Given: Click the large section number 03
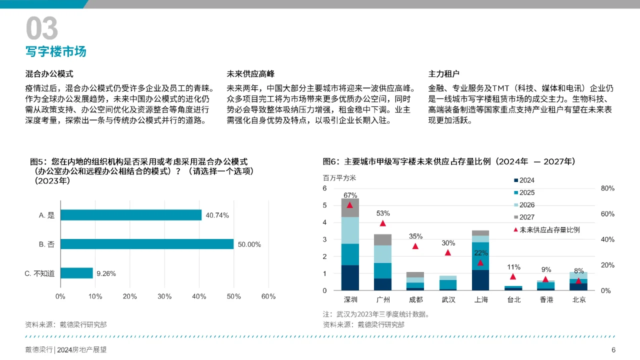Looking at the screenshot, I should pos(42,28).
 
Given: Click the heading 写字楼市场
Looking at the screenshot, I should pos(56,51).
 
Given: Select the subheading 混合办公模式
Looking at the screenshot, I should pos(49,74).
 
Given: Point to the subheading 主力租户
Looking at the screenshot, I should pos(443,74).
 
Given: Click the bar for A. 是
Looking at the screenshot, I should pos(131,215).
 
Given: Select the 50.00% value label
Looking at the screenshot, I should pos(248,244).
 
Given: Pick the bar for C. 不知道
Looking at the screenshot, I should pos(77,273).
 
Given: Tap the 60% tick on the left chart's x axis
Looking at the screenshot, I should pos(268,296).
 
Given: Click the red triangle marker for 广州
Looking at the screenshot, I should pos(382,223).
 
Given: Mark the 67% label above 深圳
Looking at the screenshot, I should pos(350,195).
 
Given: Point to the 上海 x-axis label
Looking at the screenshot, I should pos(480,300).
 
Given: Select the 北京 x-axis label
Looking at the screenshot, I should pos(578,300).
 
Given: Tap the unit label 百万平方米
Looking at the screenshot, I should pos(339,178).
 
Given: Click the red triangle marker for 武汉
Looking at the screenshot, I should pos(448,252).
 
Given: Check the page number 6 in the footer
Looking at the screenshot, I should pos(613,350).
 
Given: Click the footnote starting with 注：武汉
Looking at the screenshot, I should pos(376,314).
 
